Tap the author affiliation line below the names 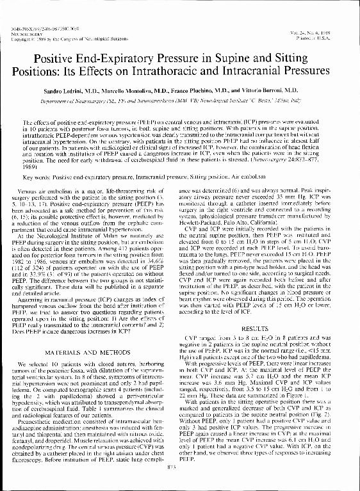179,101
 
